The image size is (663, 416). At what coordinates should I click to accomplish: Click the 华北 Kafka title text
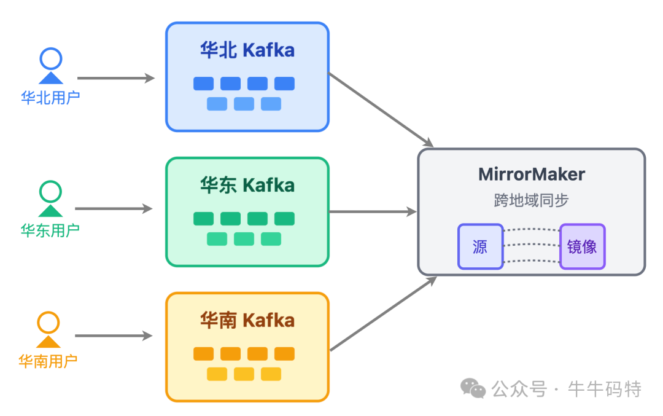coord(247,50)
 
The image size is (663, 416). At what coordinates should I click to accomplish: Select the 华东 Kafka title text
coord(247,185)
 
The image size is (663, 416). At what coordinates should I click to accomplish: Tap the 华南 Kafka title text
coord(247,320)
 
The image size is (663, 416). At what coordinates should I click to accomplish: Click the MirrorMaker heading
coord(532,175)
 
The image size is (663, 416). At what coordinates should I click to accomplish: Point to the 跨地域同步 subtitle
coord(532,200)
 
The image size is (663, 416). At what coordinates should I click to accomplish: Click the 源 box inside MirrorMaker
coord(480,246)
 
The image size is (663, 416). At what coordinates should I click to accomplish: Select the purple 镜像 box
coord(582,246)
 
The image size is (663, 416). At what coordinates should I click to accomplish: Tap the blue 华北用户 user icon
coord(51,66)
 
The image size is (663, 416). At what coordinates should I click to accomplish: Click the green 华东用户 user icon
coord(51,198)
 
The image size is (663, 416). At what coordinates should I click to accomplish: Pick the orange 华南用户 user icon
coord(48,330)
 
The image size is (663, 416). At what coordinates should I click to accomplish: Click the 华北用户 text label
coord(50,98)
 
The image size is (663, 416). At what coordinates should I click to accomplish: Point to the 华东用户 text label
coord(50,230)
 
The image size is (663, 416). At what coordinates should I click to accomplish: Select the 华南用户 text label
coord(48,361)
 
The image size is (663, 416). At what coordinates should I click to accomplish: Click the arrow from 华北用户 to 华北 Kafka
coord(115,78)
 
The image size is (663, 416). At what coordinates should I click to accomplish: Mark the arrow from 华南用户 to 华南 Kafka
coord(114,336)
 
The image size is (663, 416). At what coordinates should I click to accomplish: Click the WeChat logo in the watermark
coord(473,388)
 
